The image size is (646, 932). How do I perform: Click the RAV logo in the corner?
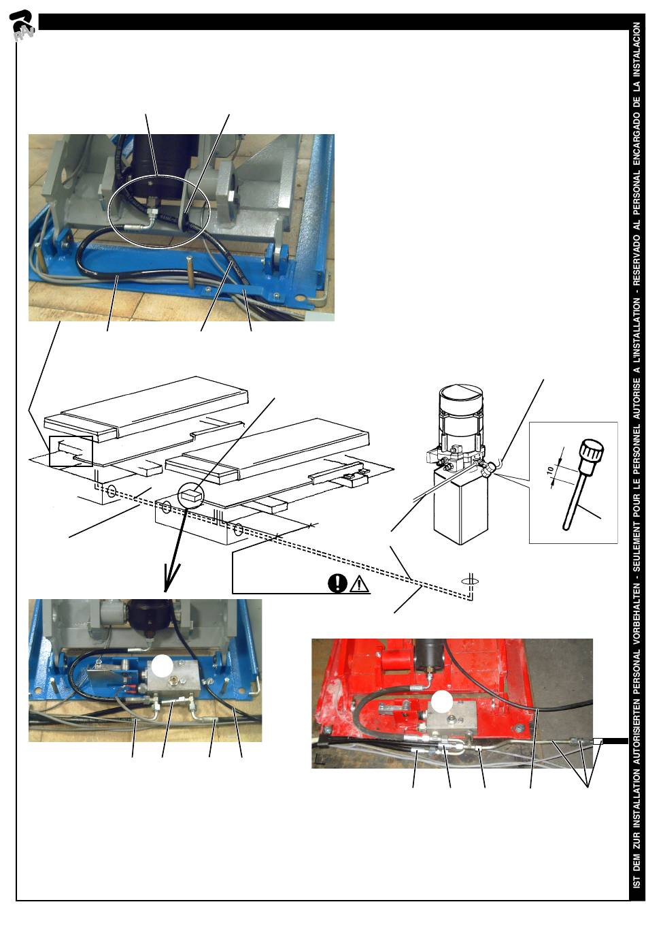(22, 27)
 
